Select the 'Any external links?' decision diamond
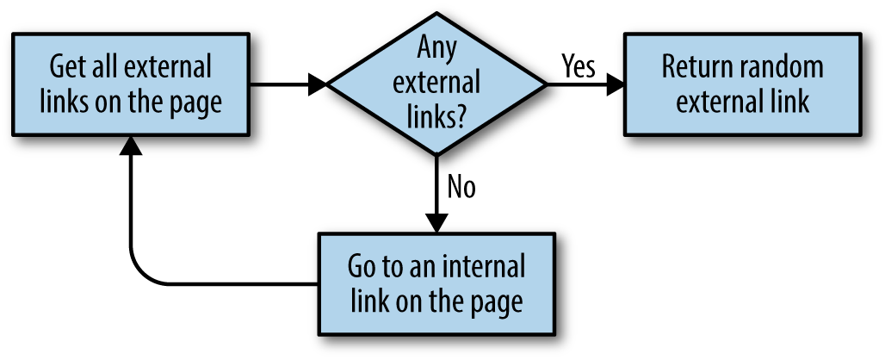[x=436, y=84]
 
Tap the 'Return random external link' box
[x=742, y=84]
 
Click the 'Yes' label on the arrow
[x=578, y=66]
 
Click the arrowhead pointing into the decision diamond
[x=318, y=84]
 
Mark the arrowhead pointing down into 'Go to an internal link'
[x=436, y=222]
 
